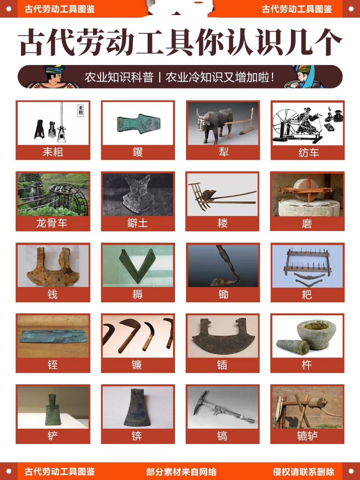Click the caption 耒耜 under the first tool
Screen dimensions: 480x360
point(52,152)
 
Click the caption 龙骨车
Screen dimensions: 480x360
point(52,223)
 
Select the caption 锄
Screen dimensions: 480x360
point(223,294)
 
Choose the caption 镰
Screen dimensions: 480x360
point(137,365)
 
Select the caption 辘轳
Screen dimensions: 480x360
point(307,436)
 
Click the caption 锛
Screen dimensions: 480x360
point(137,436)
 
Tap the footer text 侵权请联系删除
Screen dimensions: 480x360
point(303,471)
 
